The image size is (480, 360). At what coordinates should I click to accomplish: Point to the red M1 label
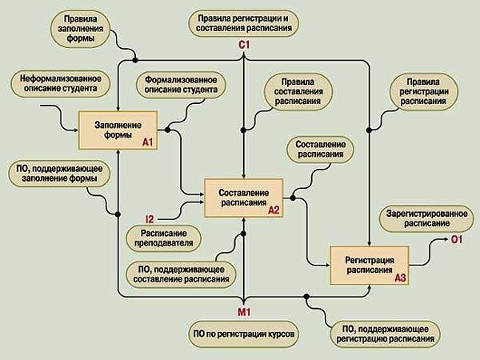(246, 310)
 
